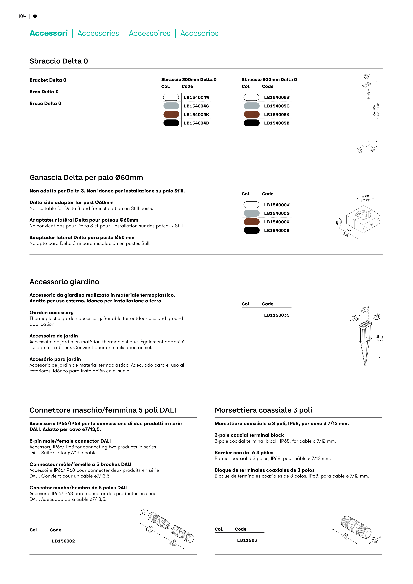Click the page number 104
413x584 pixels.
22,16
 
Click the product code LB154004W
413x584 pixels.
196,97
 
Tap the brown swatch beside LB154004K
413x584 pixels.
171,114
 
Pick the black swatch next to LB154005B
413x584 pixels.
251,123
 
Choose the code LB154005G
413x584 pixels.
277,106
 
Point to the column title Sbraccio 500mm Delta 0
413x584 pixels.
269,80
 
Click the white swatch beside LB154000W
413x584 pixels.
251,205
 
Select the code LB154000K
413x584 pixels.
277,222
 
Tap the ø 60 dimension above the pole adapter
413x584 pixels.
365,196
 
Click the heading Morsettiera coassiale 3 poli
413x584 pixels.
263,410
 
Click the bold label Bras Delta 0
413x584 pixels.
44,92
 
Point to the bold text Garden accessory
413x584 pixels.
51,313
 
